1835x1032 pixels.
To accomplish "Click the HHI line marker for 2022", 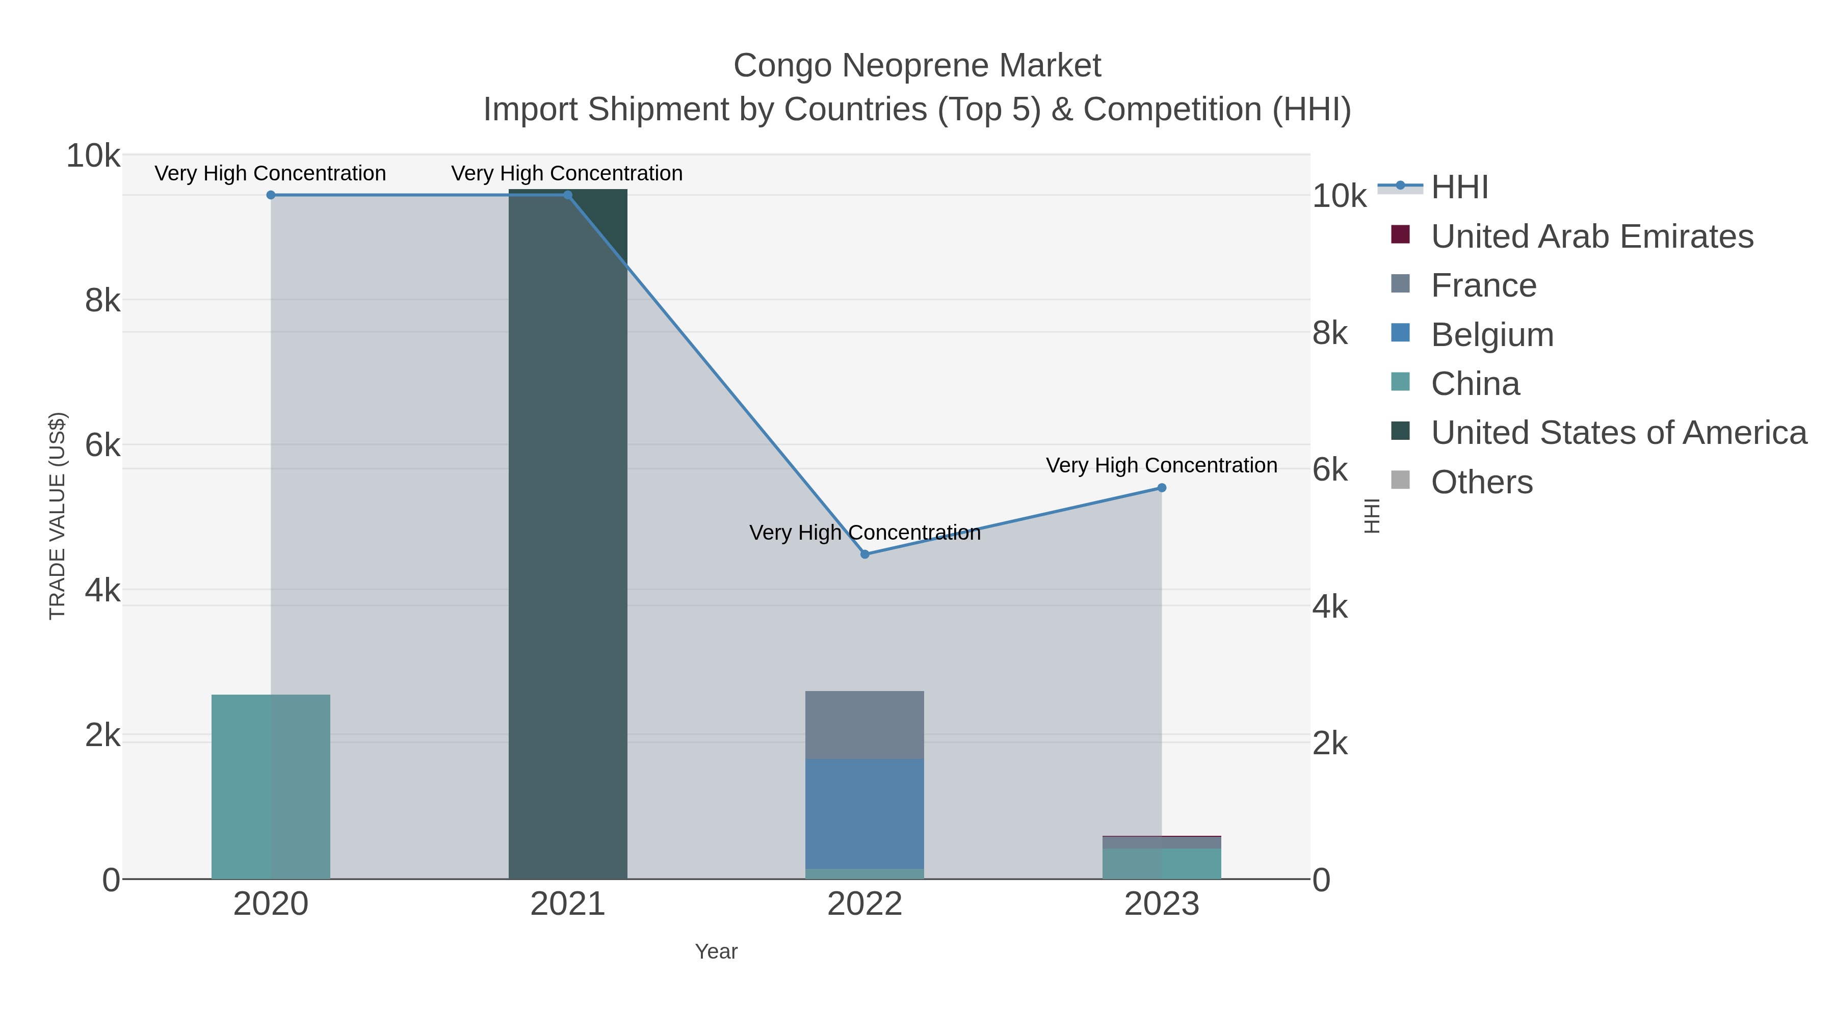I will [x=865, y=554].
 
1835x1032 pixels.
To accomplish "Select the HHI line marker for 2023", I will [x=1162, y=488].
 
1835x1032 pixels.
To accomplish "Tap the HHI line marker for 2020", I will [x=271, y=195].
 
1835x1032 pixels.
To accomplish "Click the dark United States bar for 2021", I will [x=568, y=534].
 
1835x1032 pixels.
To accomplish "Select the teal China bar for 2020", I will [x=271, y=786].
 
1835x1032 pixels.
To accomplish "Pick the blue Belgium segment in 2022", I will [x=865, y=813].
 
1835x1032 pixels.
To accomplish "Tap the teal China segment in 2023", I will [x=1162, y=863].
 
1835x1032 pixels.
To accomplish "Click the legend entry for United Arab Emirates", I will [x=1591, y=236].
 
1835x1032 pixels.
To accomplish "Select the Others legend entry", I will [x=1482, y=482].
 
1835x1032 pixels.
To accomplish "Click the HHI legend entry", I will [x=1459, y=188].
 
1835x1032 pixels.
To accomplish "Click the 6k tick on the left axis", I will [x=102, y=446].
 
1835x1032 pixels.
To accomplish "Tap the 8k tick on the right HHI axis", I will [x=1330, y=333].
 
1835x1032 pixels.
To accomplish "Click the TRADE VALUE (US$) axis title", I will [x=57, y=516].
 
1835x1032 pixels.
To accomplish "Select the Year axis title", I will [x=716, y=951].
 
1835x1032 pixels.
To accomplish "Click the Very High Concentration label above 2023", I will [x=1161, y=465].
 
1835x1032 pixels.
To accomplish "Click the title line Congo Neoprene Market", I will [x=917, y=66].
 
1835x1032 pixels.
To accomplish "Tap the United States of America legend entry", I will [x=1618, y=433].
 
